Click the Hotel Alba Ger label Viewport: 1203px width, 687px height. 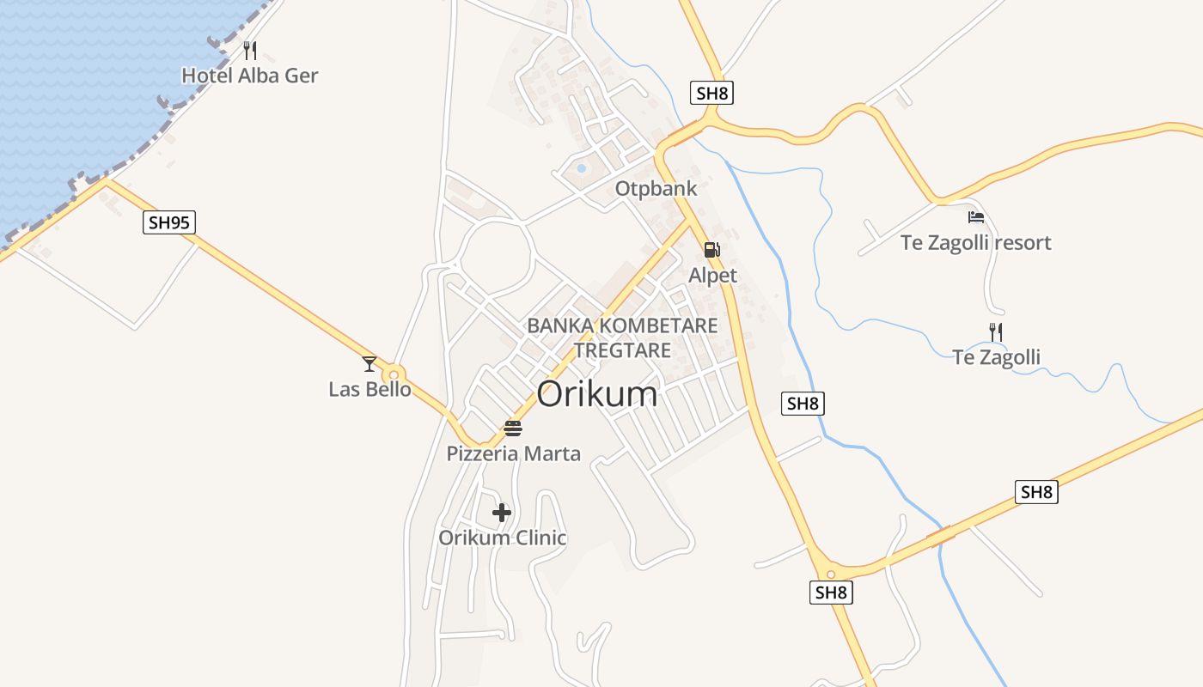(249, 76)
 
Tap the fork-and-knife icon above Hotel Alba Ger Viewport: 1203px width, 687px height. (250, 50)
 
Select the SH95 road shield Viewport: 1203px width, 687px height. (169, 223)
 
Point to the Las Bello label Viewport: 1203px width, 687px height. (369, 389)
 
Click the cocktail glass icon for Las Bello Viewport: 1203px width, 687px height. (369, 364)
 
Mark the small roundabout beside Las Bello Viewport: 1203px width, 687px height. (394, 374)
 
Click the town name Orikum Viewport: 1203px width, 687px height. (597, 394)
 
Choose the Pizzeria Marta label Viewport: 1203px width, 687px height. (513, 453)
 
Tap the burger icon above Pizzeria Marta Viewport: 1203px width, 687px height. (513, 428)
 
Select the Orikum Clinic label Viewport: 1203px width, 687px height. (502, 538)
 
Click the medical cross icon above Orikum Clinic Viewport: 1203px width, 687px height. (502, 513)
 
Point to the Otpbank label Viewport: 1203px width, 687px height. (656, 188)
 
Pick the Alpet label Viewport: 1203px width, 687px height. (712, 275)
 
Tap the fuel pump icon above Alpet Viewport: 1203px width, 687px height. (711, 250)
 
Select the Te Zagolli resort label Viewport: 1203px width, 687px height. (975, 242)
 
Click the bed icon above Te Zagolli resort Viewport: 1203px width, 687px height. (975, 217)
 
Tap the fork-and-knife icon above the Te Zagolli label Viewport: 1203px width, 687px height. (996, 331)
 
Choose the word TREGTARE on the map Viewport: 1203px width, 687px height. (622, 350)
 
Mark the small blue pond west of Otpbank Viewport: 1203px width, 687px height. (581, 168)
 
